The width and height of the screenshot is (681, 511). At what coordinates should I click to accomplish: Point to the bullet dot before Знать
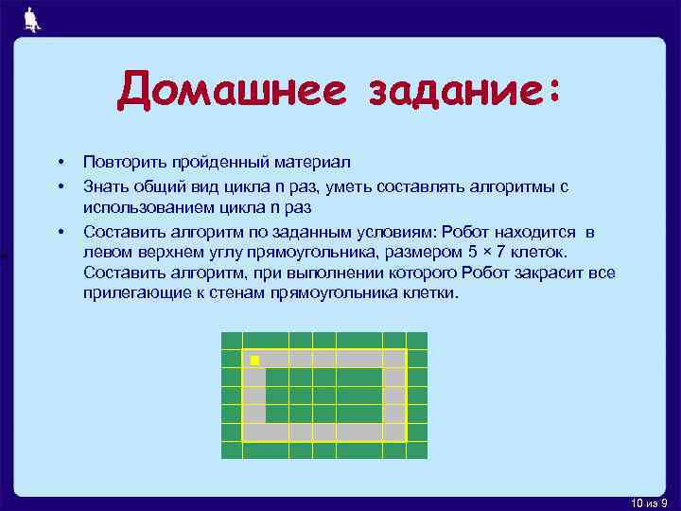coord(59,185)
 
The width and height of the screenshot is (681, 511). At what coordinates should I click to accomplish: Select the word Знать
coord(105,185)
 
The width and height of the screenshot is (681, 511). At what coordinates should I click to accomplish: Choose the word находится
coord(533,231)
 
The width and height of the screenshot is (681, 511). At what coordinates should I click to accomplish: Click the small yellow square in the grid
coord(253,361)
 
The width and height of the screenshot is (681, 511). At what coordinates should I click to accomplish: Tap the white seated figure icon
coord(31,20)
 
